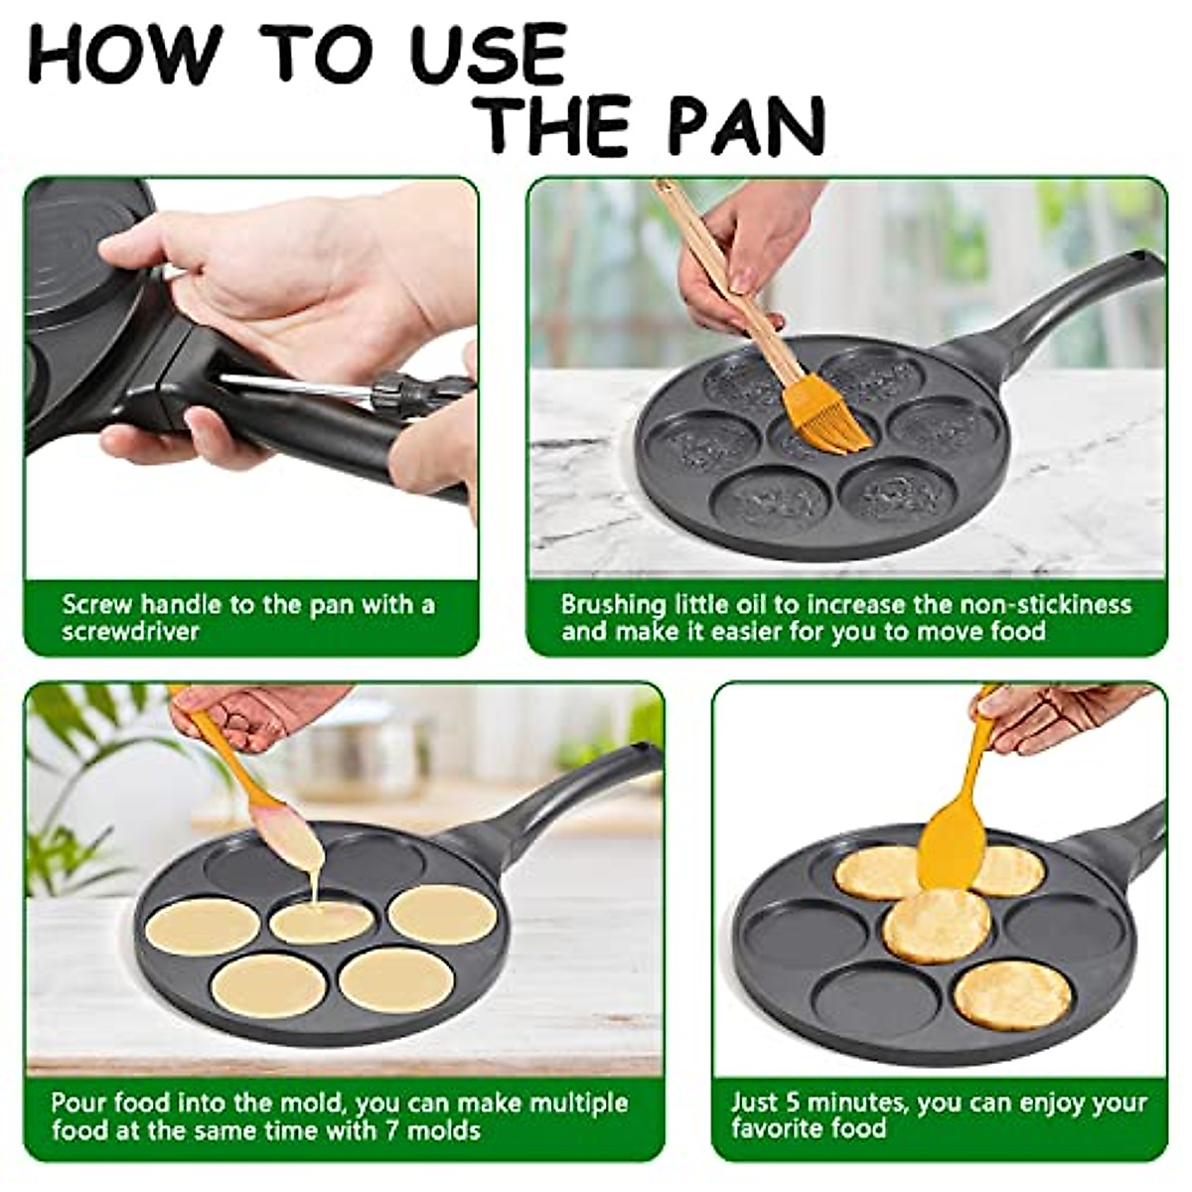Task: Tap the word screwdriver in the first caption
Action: click(129, 632)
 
